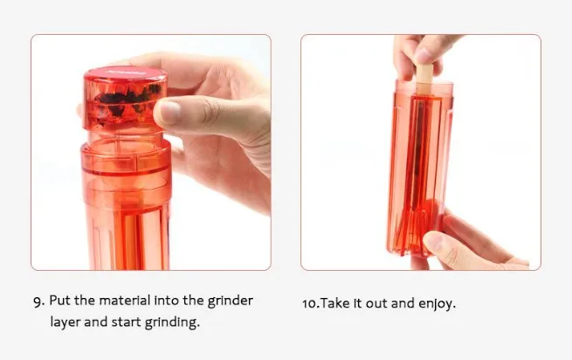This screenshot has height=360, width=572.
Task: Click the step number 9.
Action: (38, 301)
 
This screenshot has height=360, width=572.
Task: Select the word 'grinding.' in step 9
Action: (174, 322)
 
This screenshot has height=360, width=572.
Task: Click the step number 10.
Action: (310, 304)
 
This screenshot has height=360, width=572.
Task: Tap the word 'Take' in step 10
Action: (336, 304)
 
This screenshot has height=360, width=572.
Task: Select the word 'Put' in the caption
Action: (60, 301)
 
